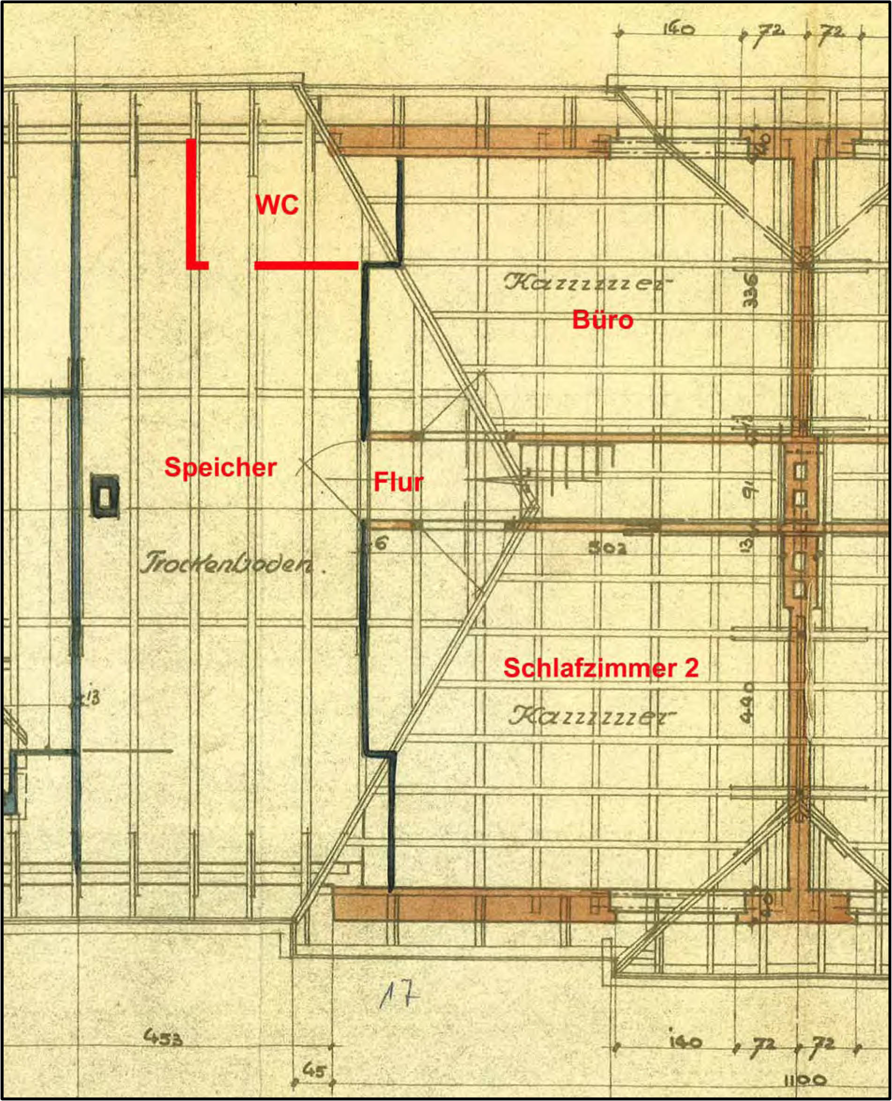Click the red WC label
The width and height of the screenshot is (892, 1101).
[277, 205]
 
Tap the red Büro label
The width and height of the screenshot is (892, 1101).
[603, 319]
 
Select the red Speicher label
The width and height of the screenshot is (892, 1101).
[221, 467]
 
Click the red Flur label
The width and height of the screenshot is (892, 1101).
[398, 482]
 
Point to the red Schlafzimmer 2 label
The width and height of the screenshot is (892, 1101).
[601, 668]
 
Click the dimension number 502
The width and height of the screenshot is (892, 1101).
[608, 547]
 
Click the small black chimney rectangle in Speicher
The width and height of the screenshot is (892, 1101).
[105, 496]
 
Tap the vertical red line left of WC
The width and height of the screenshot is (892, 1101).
[191, 203]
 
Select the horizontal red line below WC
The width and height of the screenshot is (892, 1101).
[306, 265]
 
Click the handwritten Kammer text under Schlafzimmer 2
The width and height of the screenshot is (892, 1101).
[591, 716]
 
